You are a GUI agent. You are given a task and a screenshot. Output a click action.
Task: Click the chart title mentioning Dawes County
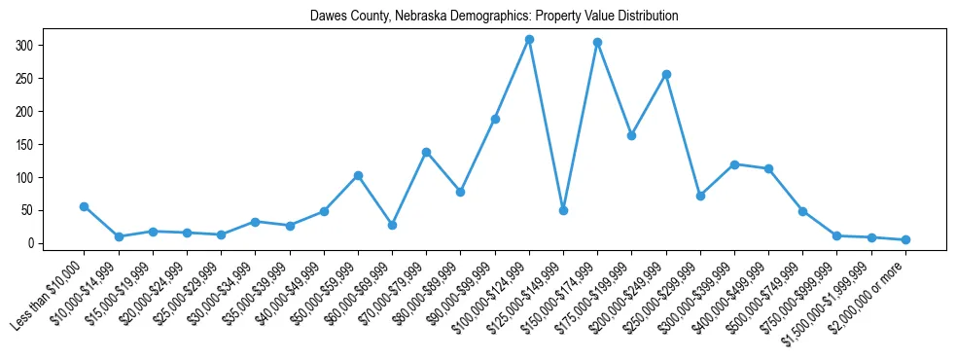494,17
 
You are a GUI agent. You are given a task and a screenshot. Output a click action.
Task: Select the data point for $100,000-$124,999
529,40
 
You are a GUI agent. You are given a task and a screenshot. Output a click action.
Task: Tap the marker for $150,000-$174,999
597,43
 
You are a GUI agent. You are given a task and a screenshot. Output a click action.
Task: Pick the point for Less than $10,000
85,206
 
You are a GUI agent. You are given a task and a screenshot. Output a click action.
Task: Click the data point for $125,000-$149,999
563,210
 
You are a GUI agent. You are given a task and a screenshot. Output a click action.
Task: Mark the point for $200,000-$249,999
666,74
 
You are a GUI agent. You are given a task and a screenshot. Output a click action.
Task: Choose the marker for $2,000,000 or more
905,239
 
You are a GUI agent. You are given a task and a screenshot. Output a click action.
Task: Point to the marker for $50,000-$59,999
358,175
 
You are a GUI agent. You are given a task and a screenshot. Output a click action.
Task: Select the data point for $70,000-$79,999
426,152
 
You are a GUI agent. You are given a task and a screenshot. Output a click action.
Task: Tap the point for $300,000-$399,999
734,164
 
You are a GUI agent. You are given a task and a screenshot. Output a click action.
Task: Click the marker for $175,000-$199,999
631,135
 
